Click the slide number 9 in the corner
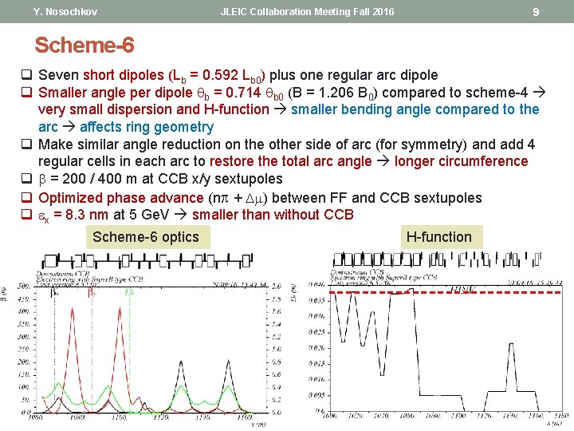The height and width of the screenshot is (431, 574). pyautogui.click(x=536, y=12)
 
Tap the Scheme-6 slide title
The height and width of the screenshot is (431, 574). pyautogui.click(x=84, y=45)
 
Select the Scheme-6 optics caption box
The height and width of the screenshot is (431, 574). pyautogui.click(x=146, y=236)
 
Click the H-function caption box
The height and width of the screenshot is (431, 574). pyautogui.click(x=438, y=236)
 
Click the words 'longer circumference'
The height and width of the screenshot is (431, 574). pyautogui.click(x=461, y=161)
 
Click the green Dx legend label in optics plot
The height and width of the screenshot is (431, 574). pyautogui.click(x=130, y=293)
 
